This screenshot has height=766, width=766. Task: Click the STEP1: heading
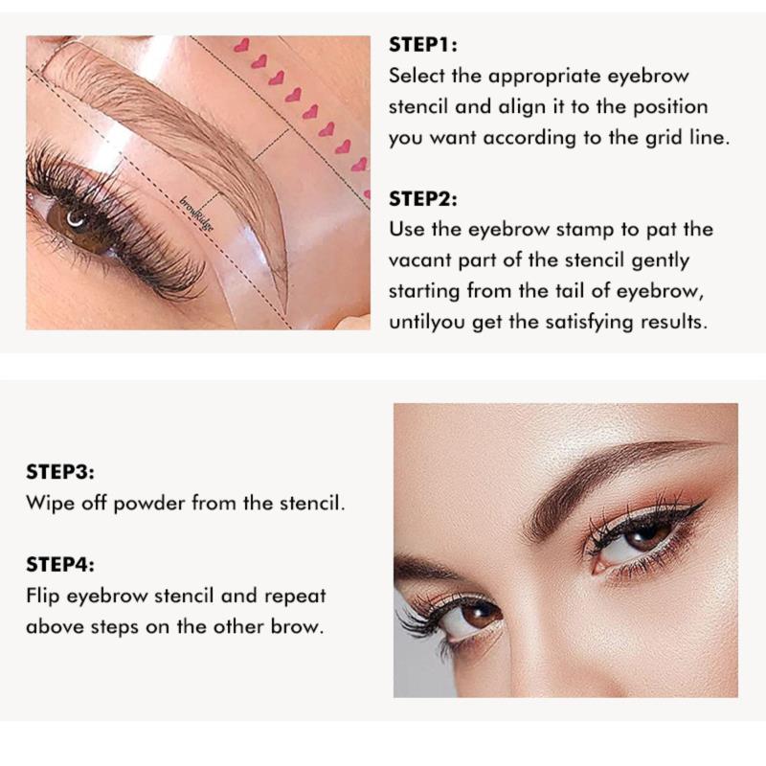tap(423, 45)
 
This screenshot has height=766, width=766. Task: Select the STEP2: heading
tap(423, 199)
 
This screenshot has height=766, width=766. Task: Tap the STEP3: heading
tap(60, 472)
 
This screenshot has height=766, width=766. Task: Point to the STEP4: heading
tap(60, 564)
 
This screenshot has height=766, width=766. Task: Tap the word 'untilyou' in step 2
tap(426, 323)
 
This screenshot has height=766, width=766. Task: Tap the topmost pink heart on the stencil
tap(241, 45)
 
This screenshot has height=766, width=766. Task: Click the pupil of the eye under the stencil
tap(77, 218)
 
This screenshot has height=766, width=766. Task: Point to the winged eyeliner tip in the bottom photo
tap(704, 502)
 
